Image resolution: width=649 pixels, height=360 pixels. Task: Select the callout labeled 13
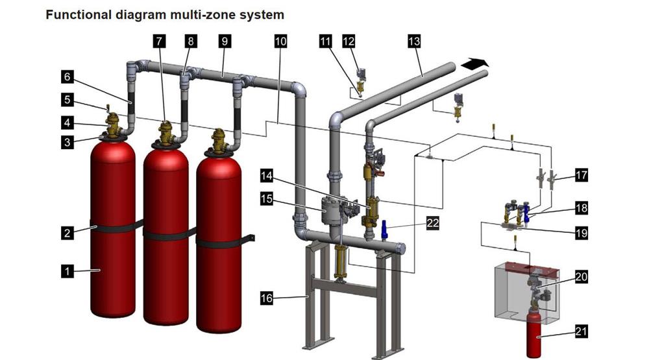click(414, 41)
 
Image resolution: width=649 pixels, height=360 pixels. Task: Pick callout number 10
click(280, 41)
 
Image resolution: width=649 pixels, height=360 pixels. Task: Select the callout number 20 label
click(582, 276)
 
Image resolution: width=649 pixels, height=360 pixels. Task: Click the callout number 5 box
click(67, 100)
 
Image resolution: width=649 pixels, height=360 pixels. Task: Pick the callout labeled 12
click(349, 41)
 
